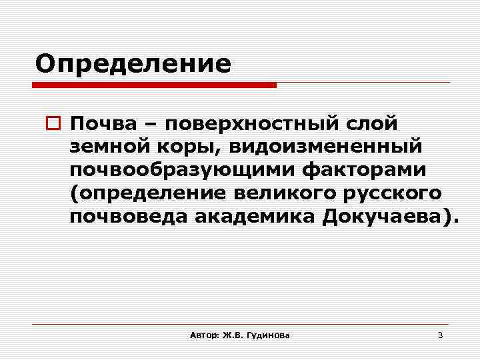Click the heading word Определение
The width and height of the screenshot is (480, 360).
tap(133, 64)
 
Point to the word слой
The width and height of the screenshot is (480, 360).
tap(370, 124)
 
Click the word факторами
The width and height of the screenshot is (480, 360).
tap(363, 171)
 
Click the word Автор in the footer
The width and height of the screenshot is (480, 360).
tap(202, 335)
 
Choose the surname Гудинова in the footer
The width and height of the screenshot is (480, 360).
tap(267, 335)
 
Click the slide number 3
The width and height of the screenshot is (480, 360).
tap(440, 335)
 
